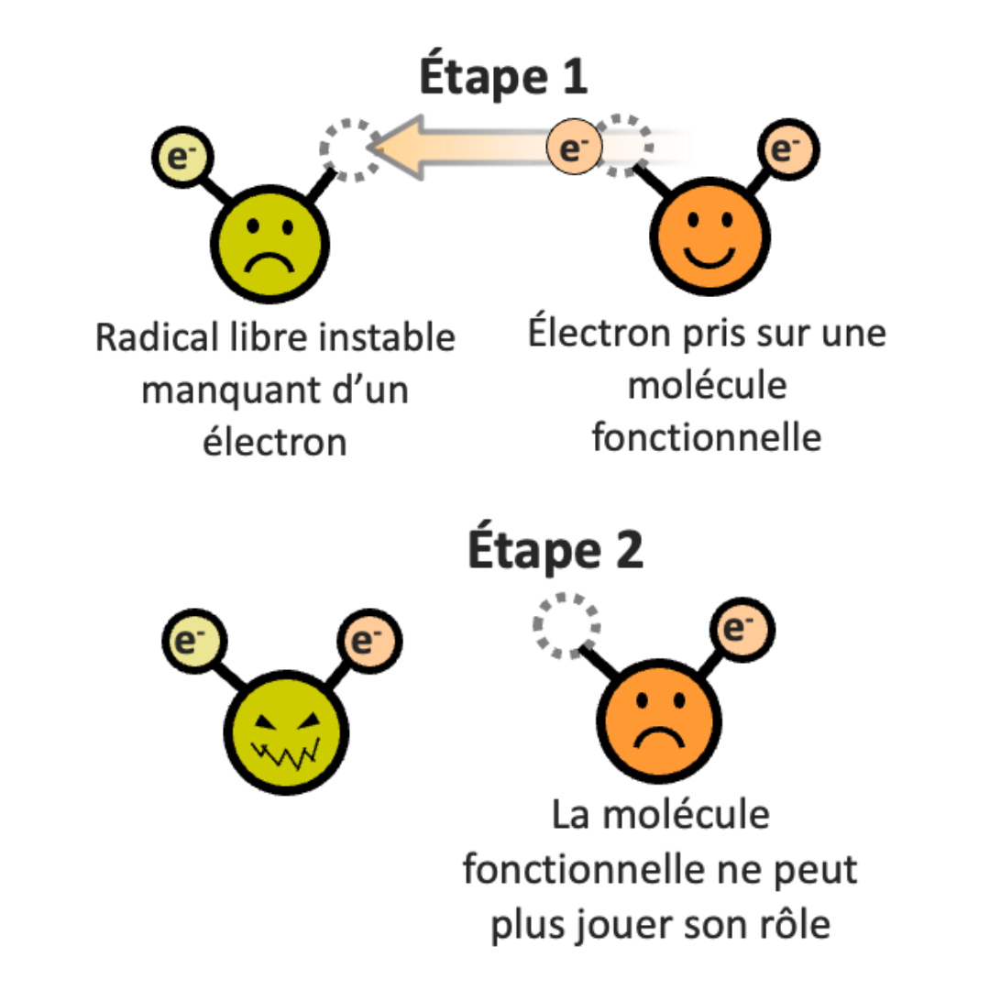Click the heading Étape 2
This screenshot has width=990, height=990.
(x=555, y=548)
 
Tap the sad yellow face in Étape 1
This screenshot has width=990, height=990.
(x=269, y=244)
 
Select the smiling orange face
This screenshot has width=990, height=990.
(x=709, y=236)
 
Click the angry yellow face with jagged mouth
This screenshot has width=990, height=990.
(x=286, y=732)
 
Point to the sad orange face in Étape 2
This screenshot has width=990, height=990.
(x=659, y=720)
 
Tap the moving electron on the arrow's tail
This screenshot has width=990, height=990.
(x=574, y=147)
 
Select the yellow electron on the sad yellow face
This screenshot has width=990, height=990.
(x=182, y=157)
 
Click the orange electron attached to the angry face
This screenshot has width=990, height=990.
(x=369, y=641)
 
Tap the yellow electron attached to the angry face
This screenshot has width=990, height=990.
(x=193, y=641)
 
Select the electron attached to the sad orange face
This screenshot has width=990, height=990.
(x=742, y=629)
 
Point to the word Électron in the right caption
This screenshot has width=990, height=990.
(x=599, y=332)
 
